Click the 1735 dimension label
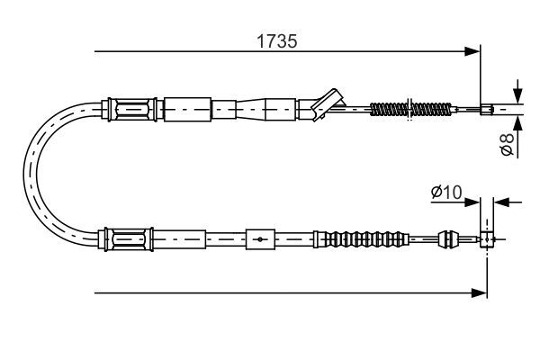coord(276,41)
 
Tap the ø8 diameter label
coord(507,144)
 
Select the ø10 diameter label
coord(446,193)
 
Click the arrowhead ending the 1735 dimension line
coord(472,51)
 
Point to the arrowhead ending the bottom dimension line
coord(479,293)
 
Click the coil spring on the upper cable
coord(410,109)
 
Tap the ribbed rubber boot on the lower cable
coord(361,239)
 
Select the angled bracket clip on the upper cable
coord(328,104)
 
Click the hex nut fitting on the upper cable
coord(132,110)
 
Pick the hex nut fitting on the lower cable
coord(128,239)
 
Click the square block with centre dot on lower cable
coord(260,239)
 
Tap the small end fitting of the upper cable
coord(487,110)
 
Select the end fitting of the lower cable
coord(487,239)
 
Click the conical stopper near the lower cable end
coord(448,238)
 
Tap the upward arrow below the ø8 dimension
coord(517,123)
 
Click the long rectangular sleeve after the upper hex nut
coord(187,110)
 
